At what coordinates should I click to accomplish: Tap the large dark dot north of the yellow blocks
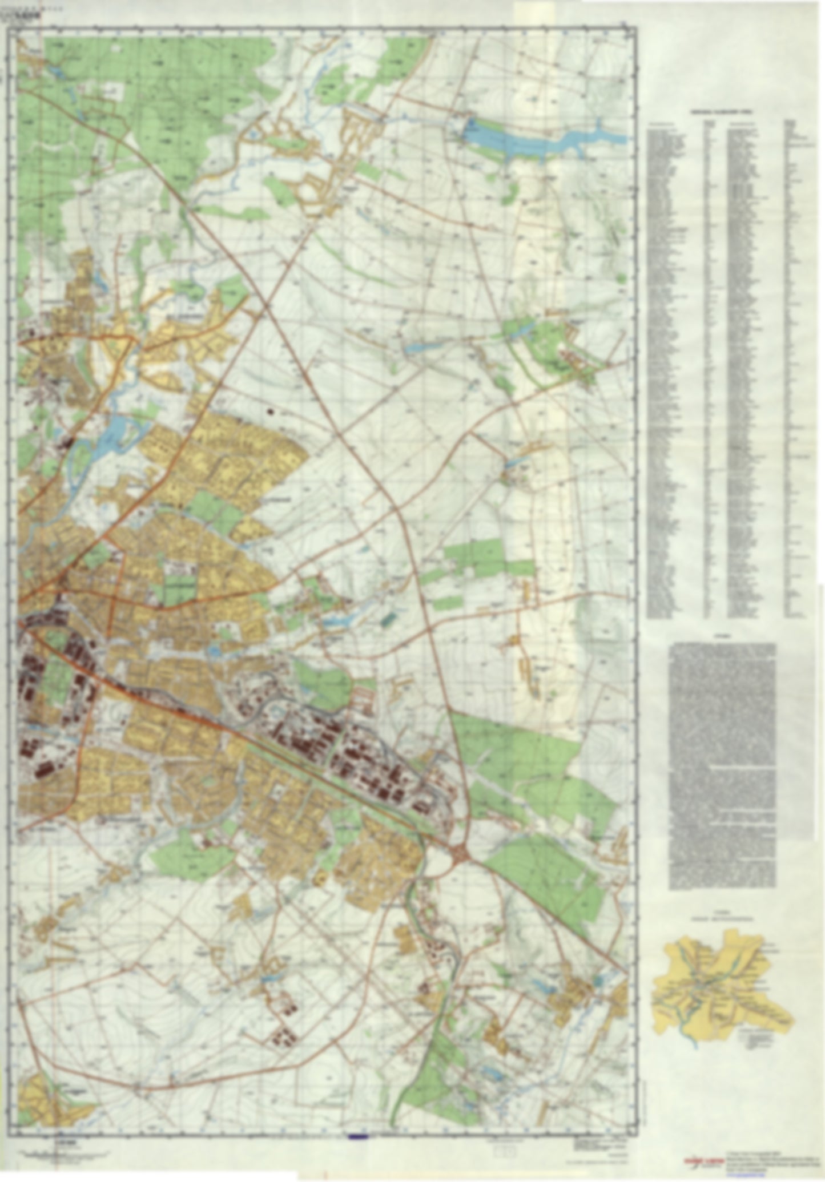click(x=269, y=410)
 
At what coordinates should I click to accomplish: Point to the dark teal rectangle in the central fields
click(x=388, y=618)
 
